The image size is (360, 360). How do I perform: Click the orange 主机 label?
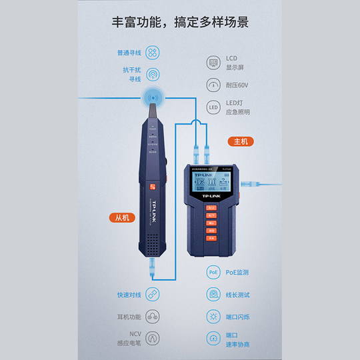tap(239, 141)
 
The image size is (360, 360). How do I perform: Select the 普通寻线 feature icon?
tap(153, 52)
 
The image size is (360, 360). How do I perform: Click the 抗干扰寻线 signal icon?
tap(153, 74)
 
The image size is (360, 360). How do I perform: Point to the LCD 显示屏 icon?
tap(213, 63)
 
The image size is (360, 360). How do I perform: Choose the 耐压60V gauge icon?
tap(213, 85)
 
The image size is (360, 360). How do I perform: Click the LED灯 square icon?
tap(213, 107)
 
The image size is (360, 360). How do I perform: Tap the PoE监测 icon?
tap(213, 273)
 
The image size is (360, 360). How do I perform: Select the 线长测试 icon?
tap(213, 294)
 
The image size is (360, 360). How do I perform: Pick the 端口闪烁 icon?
tap(213, 317)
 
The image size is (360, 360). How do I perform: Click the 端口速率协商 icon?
tap(213, 339)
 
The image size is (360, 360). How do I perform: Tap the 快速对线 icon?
tap(153, 294)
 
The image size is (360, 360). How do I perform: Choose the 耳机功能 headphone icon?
tap(153, 317)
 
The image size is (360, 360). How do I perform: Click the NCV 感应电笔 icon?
tap(153, 339)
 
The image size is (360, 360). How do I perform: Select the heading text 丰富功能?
tap(138, 22)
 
